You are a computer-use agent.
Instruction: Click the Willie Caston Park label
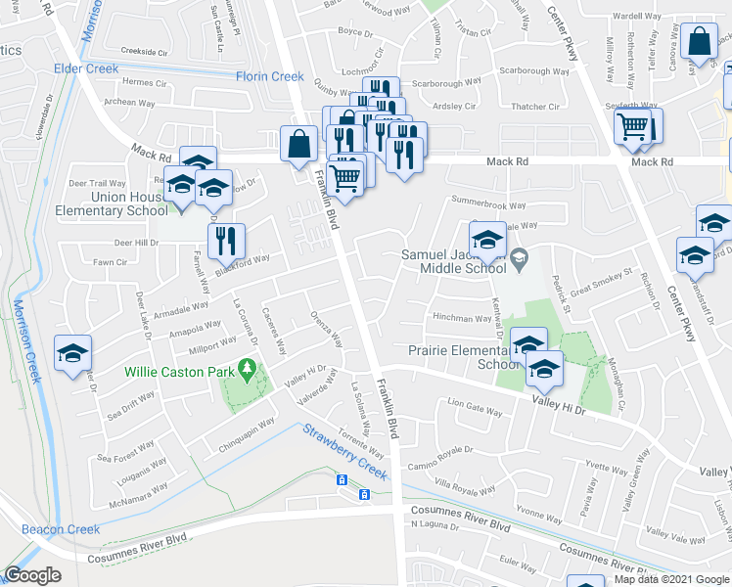(x=177, y=372)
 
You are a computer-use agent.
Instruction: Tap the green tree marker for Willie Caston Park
(x=247, y=371)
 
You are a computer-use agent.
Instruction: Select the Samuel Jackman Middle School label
(x=453, y=261)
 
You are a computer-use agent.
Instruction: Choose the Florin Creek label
(x=269, y=76)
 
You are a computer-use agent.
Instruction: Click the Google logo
(x=32, y=575)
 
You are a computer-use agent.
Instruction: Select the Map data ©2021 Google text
(x=670, y=579)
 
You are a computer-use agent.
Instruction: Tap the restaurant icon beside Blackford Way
(x=226, y=239)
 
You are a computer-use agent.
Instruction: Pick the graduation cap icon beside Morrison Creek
(x=71, y=353)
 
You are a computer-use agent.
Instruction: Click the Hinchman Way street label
(x=463, y=318)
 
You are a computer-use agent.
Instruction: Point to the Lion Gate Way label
(x=474, y=401)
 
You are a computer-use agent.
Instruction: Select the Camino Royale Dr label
(x=441, y=451)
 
